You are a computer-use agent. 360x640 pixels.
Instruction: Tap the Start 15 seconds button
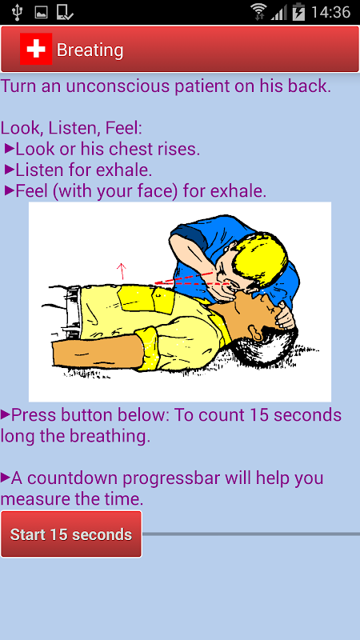pos(71,534)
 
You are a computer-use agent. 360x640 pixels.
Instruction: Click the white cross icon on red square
pos(36,49)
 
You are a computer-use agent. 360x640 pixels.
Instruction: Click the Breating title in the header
pos(90,50)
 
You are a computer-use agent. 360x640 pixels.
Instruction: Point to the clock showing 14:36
pos(330,12)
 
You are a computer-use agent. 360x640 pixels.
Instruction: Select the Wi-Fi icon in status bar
pos(258,11)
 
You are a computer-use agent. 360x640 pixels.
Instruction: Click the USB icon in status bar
pos(17,12)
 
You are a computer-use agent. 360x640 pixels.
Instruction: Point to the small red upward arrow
pos(122,271)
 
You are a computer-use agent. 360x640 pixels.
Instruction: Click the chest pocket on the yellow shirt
pos(162,299)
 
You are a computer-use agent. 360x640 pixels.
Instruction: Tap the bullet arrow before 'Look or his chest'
pos(10,149)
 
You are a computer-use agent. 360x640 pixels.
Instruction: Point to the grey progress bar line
pos(251,534)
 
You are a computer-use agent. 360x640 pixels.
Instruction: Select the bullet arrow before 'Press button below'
pos(6,414)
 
